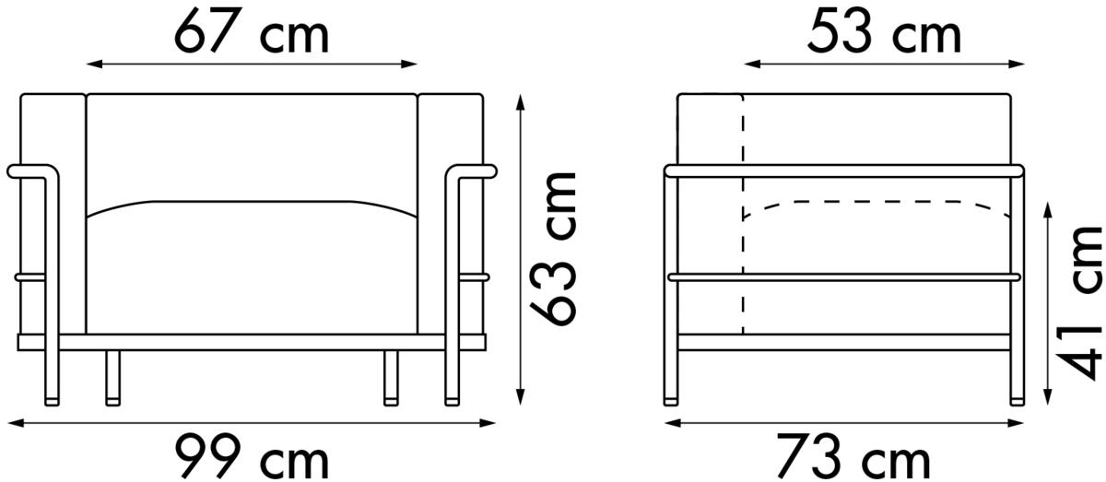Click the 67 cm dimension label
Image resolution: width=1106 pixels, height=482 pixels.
tap(252, 31)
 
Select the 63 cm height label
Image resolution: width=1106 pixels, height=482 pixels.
tap(554, 249)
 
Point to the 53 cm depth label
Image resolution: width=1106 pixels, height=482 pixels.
tap(884, 31)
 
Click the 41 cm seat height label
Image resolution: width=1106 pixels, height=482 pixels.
tap(1080, 302)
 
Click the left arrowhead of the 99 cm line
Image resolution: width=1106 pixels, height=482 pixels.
tap(17, 423)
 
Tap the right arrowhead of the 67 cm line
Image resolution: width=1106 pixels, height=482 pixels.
tap(409, 64)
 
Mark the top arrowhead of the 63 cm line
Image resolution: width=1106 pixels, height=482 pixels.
tap(520, 102)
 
